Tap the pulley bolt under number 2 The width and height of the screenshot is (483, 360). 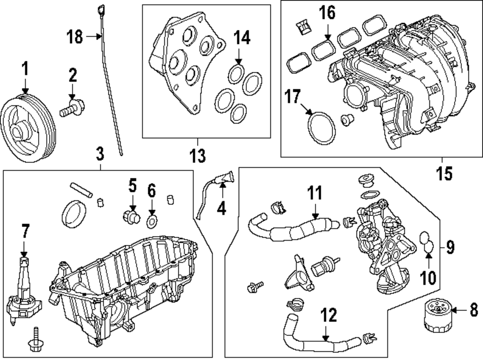tap(72, 108)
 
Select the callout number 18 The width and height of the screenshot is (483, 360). tap(75, 37)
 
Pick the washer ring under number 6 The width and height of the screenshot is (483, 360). tap(152, 222)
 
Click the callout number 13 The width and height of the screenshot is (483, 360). tap(198, 155)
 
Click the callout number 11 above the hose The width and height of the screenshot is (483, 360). tap(315, 193)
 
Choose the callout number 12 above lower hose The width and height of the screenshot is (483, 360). tap(328, 315)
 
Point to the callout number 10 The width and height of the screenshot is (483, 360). tap(428, 277)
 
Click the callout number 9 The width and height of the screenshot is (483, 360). tap(450, 247)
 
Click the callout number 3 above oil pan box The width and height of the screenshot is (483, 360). tap(100, 154)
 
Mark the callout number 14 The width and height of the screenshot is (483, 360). tap(242, 38)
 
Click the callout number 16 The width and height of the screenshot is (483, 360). tap(327, 13)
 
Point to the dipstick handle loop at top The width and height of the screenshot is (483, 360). tap(101, 9)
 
